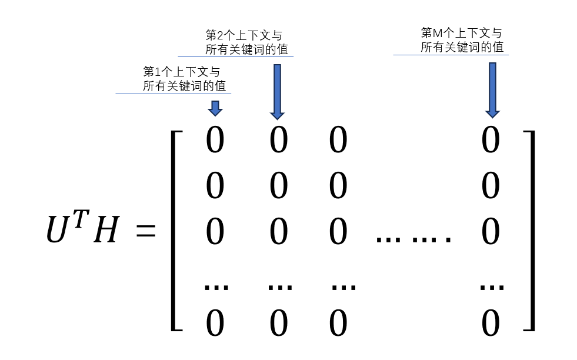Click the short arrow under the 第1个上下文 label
215,108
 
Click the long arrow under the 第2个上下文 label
278,91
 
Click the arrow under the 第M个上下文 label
492,89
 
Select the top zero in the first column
215,141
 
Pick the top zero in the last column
491,141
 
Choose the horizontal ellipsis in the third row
413,239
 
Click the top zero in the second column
279,141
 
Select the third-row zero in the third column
338,232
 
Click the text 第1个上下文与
182,72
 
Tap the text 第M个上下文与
462,33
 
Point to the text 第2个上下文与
244,35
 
